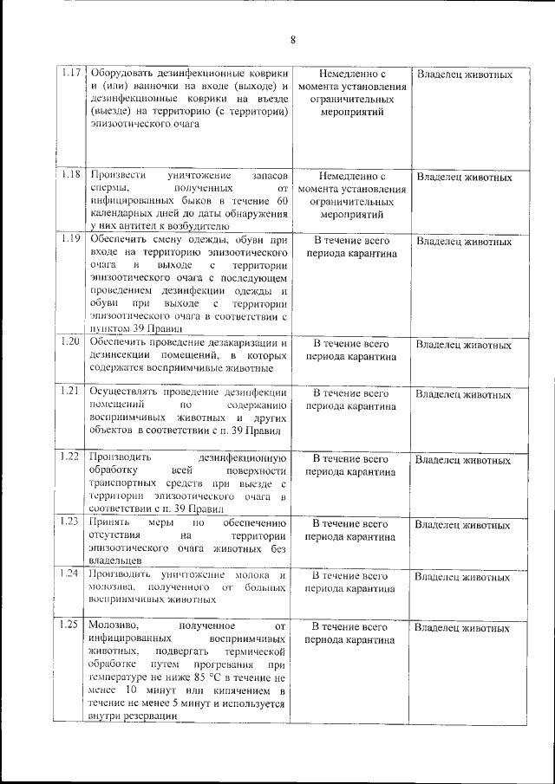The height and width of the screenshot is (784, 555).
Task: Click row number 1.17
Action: (73, 73)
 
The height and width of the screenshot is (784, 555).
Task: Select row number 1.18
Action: (73, 175)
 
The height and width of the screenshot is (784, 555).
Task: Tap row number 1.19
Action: (73, 238)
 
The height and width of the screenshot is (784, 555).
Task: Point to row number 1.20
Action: (73, 341)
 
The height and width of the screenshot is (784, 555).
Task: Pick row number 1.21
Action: (73, 391)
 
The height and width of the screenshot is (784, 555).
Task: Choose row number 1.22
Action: (73, 456)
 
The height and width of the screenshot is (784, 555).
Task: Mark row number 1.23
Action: (73, 522)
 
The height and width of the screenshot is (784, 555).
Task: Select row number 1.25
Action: (73, 624)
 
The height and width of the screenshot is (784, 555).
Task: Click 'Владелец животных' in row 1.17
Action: (464, 75)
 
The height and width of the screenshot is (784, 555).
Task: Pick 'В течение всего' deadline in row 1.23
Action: (349, 523)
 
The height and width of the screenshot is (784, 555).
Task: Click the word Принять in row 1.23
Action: (110, 523)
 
